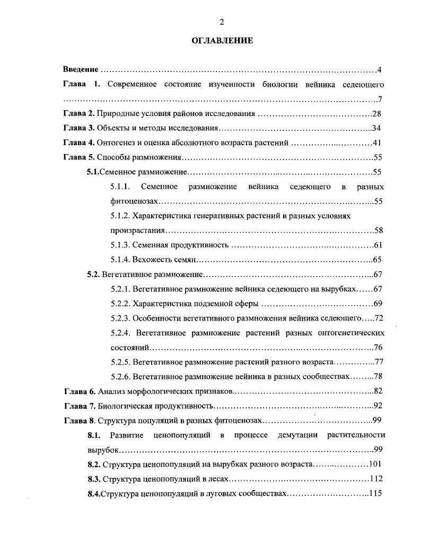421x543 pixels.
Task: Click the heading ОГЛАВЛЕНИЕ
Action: click(x=222, y=41)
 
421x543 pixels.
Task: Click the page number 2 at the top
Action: click(x=222, y=21)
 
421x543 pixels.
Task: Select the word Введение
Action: click(x=81, y=70)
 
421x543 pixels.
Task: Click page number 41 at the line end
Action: click(x=378, y=143)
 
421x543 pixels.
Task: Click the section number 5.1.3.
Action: click(x=120, y=245)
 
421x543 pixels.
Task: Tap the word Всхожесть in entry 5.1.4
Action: click(x=150, y=260)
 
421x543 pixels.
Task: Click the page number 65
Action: click(x=378, y=260)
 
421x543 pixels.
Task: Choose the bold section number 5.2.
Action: click(x=93, y=274)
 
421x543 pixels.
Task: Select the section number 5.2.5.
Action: click(x=120, y=362)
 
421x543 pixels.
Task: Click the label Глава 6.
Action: click(x=78, y=391)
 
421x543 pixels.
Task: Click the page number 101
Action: click(x=375, y=465)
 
